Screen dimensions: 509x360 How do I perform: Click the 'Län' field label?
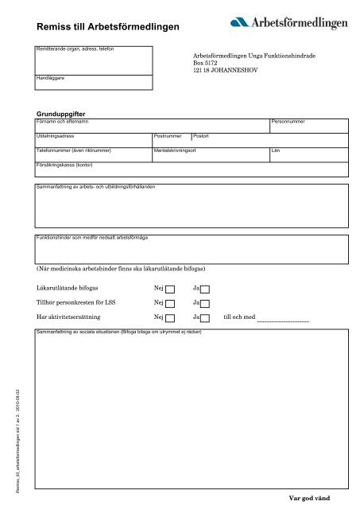(276, 150)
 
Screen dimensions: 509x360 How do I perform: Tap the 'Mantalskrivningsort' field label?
(180, 150)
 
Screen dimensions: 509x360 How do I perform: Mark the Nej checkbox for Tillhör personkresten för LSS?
(170, 304)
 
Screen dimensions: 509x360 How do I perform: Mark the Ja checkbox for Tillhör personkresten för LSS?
(204, 304)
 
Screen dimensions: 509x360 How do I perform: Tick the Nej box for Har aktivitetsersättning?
(170, 319)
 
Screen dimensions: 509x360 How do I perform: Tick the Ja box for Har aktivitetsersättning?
(204, 319)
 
